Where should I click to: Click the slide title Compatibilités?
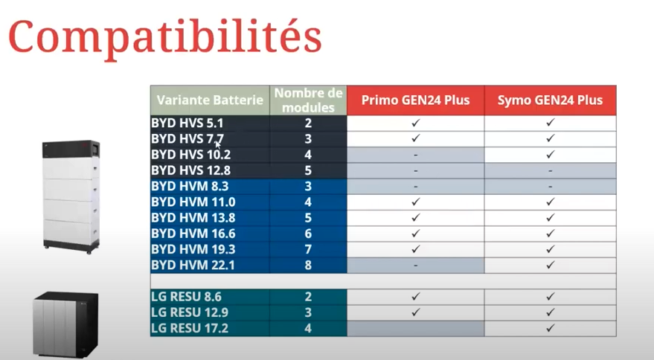[x=164, y=37]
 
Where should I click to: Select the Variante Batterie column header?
[x=210, y=100]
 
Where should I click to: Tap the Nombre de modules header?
[x=308, y=100]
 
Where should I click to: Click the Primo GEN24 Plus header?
[x=415, y=100]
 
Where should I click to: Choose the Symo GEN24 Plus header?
[x=550, y=100]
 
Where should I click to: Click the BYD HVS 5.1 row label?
[x=187, y=123]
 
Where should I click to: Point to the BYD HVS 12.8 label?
[x=190, y=170]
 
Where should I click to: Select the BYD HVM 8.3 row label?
[x=190, y=186]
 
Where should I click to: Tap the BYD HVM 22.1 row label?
[x=193, y=265]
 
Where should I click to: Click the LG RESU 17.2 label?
[x=190, y=328]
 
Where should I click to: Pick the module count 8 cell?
[x=308, y=266]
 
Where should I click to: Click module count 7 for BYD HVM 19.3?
[x=308, y=249]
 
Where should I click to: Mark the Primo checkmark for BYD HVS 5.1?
[x=415, y=123]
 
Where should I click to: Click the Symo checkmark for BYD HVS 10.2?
[x=550, y=155]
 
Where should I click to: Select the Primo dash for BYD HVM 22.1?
[x=415, y=266]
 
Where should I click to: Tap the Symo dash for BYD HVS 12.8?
[x=550, y=170]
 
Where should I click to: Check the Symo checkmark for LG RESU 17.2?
[x=550, y=328]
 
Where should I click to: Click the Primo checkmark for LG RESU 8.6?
[x=415, y=296]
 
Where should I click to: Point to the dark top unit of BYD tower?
[x=71, y=150]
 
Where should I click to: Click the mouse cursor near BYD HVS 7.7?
[x=218, y=145]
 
